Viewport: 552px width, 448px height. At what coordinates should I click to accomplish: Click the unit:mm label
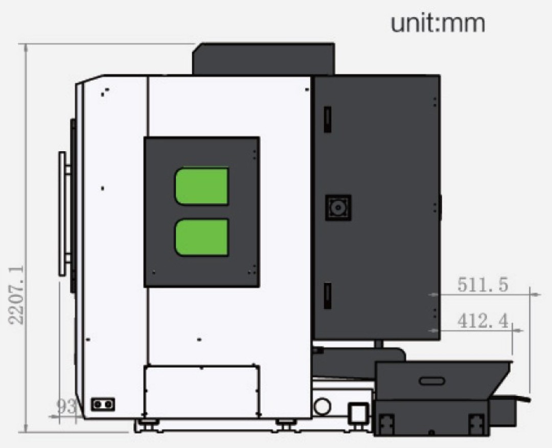438,23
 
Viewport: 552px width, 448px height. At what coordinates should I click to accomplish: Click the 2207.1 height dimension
16,295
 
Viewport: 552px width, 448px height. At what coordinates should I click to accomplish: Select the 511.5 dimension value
483,285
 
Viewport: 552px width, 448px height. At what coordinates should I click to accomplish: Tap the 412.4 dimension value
483,321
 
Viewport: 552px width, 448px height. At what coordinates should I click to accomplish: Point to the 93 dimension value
66,407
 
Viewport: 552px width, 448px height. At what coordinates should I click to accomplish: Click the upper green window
202,186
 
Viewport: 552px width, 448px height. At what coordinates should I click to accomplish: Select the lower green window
202,237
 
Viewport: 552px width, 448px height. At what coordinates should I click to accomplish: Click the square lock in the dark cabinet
338,207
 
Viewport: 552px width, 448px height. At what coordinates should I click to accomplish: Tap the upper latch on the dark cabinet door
328,120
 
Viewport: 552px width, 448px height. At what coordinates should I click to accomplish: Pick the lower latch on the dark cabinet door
328,296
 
